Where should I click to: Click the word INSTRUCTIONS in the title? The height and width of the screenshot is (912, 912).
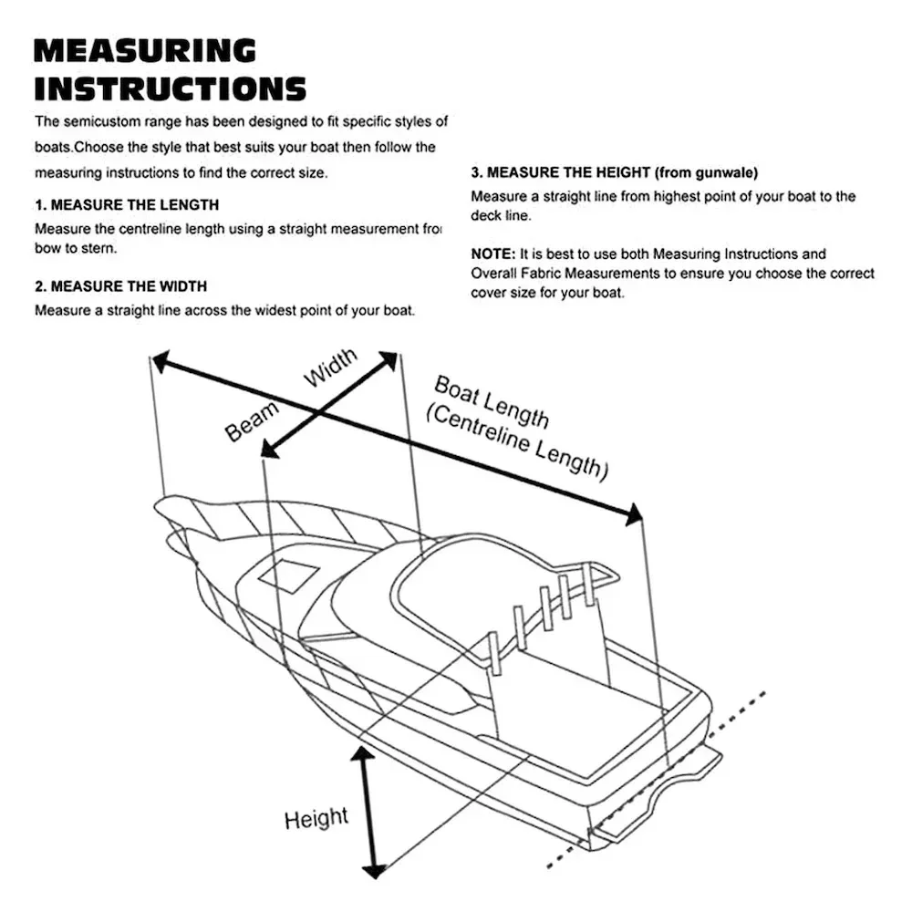coord(170,88)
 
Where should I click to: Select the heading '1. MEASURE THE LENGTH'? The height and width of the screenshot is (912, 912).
coord(127,205)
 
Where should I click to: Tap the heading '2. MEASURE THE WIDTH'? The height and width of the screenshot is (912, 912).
coord(120,286)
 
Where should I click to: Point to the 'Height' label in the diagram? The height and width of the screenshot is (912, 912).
coord(316,818)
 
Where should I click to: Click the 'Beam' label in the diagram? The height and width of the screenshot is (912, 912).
coord(252,420)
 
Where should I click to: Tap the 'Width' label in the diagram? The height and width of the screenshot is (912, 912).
coord(330,368)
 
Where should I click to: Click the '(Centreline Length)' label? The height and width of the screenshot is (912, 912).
coord(516,443)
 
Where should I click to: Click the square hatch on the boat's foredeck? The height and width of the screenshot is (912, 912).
coord(288,575)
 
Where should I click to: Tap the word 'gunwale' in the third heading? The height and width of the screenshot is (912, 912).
coord(726,171)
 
